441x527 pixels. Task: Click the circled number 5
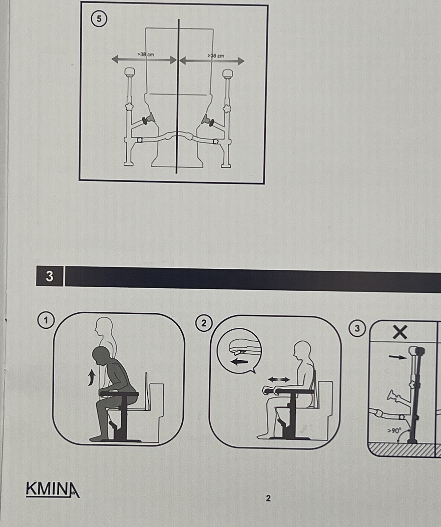click(99, 19)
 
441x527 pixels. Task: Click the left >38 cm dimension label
click(145, 54)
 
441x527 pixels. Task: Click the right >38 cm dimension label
click(216, 56)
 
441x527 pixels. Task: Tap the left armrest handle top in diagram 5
click(130, 71)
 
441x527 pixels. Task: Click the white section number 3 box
click(49, 276)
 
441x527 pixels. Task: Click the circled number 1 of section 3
click(46, 320)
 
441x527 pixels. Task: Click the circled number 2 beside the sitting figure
click(204, 323)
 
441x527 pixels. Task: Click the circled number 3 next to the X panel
click(357, 328)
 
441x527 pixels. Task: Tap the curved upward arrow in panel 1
click(91, 377)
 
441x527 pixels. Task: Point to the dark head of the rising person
click(101, 356)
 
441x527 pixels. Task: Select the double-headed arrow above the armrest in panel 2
click(279, 380)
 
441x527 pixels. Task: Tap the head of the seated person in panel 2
click(302, 350)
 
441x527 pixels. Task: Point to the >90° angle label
click(394, 430)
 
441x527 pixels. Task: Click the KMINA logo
click(52, 489)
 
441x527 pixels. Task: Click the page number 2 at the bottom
click(268, 498)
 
